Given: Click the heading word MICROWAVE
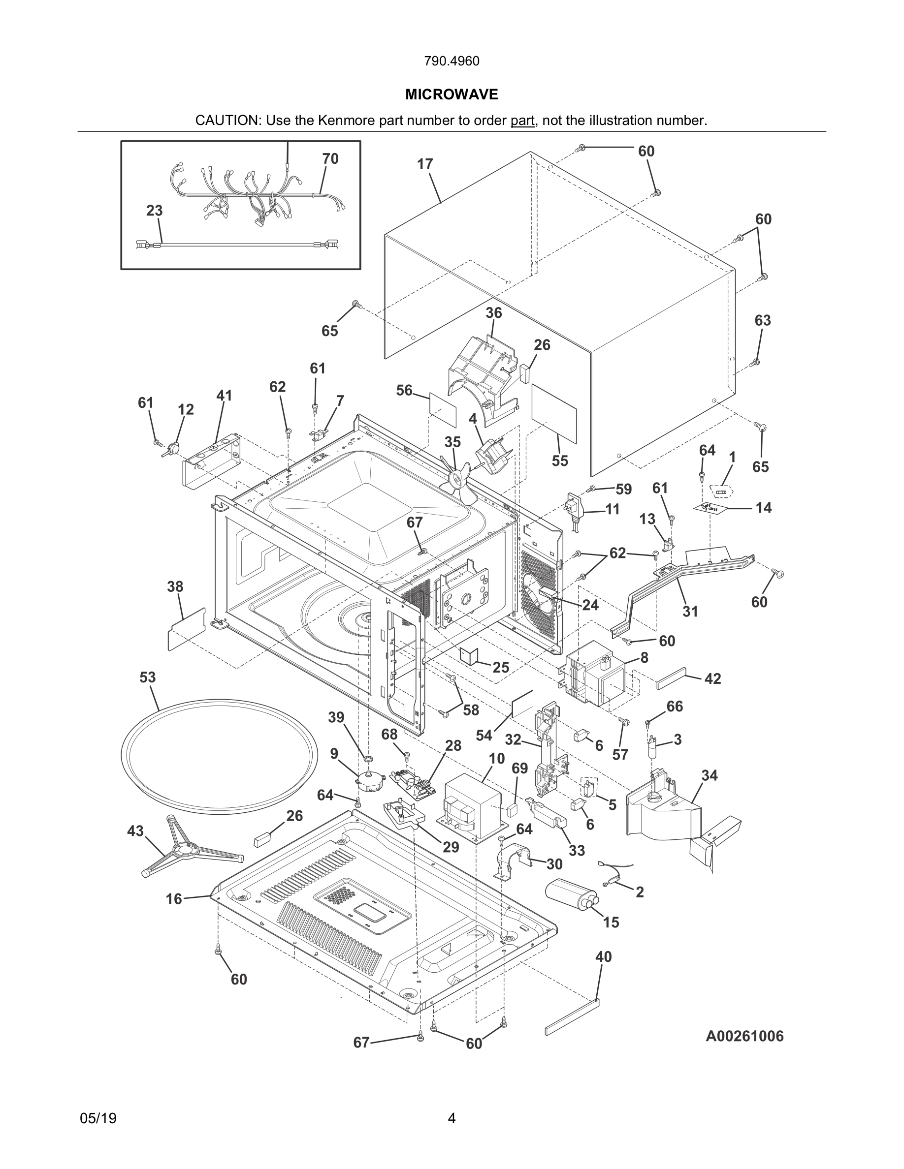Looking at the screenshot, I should point(452,95).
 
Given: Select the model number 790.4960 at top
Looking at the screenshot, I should point(452,61).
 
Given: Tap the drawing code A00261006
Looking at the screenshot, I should point(744,1036).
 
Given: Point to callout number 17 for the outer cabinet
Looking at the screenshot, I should point(425,164).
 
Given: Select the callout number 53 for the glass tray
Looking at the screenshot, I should point(148,677).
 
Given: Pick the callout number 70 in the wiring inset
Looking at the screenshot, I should point(330,159).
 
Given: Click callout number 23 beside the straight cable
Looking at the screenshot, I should point(154,211).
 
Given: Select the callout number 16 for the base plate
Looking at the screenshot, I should point(173,899).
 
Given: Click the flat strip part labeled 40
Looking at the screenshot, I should point(572,1016).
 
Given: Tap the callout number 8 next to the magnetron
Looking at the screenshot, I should point(644,658).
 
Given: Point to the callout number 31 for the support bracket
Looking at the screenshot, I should point(690,611).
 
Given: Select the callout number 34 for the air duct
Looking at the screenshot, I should point(709,775).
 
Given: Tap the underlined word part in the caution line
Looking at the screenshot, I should point(522,121).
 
